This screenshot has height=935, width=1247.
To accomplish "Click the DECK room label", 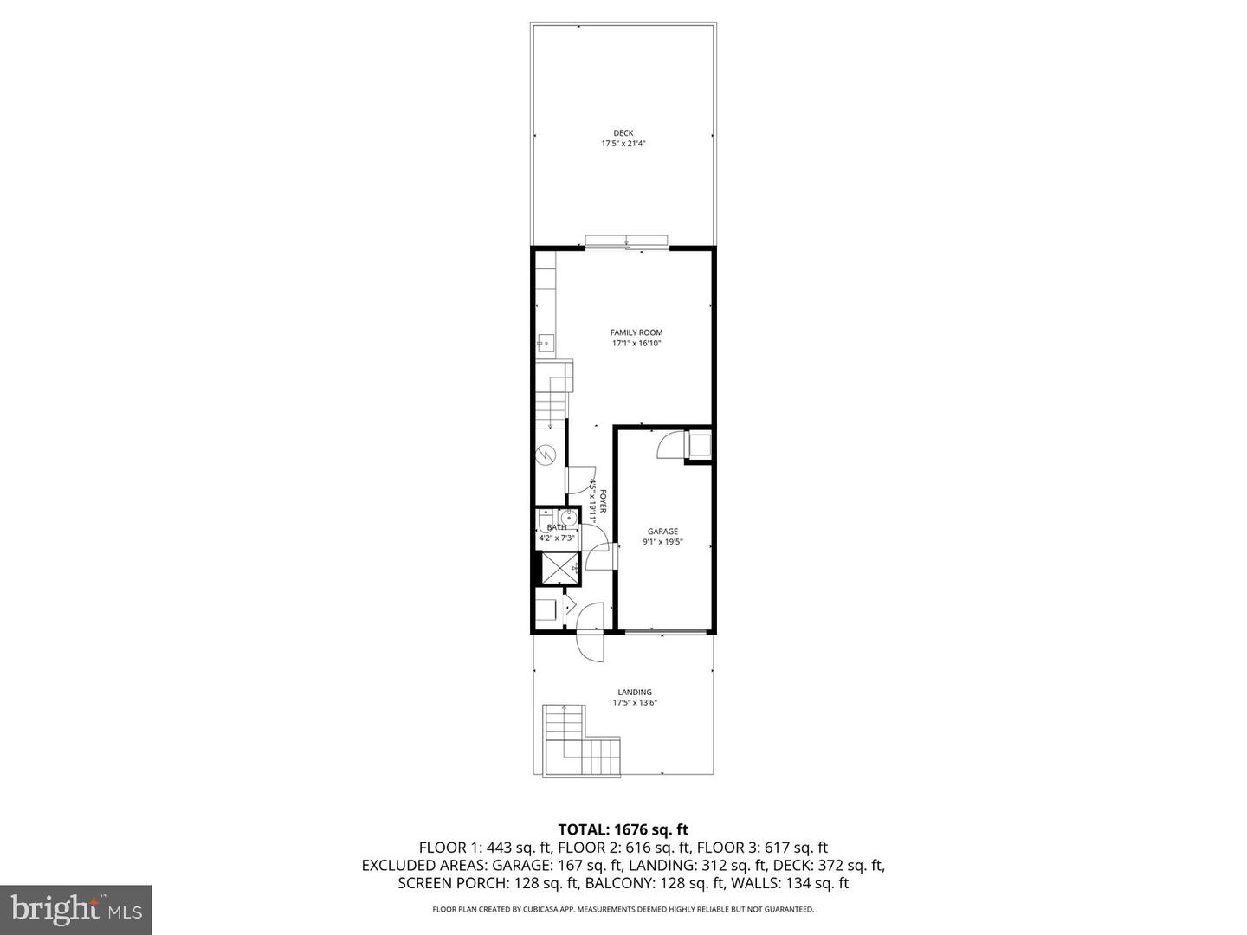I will [x=623, y=133].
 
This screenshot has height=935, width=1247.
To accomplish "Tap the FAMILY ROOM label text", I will [x=636, y=332].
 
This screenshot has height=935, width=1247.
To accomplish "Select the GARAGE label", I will [x=662, y=532].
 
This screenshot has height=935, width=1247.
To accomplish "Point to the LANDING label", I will [x=634, y=692].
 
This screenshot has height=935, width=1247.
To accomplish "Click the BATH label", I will [x=556, y=527].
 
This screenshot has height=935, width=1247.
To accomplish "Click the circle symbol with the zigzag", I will [x=546, y=453].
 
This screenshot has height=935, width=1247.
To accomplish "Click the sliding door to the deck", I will [x=626, y=242].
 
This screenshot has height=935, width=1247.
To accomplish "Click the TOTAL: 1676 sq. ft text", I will [x=623, y=829].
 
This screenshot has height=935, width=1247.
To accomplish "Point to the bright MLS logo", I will [x=75, y=909].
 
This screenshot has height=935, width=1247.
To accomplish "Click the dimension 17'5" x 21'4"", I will [x=623, y=144].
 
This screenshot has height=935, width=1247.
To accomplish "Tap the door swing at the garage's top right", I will [x=670, y=445].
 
